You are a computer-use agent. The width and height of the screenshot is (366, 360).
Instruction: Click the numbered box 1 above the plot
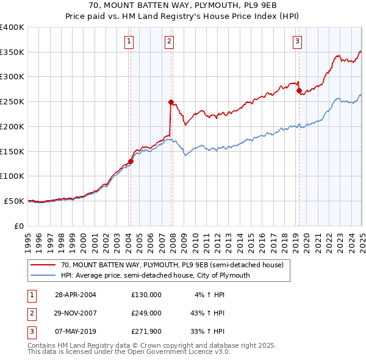click(130, 41)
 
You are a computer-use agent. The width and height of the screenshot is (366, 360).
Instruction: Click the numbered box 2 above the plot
click(168, 41)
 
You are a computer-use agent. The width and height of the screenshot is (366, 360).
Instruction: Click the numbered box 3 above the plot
click(297, 41)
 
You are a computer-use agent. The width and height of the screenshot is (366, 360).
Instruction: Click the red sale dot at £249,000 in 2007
click(171, 102)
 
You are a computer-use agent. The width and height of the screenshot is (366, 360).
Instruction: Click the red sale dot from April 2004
click(131, 161)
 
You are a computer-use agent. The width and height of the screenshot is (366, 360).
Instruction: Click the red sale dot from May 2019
click(299, 91)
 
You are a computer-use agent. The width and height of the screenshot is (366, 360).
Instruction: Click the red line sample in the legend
click(43, 265)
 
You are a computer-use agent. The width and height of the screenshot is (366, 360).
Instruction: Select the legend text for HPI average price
click(156, 275)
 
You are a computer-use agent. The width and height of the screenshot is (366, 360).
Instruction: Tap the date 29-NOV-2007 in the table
click(76, 313)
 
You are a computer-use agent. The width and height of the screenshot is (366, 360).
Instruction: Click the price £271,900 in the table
click(146, 332)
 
